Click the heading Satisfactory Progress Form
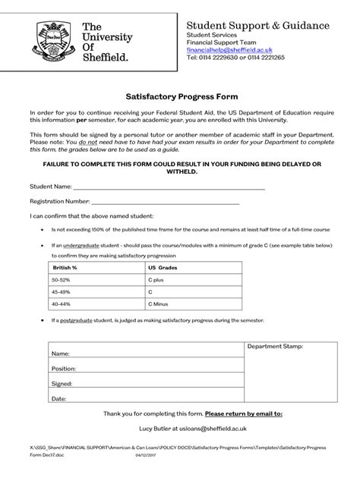[180, 97]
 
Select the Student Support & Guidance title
[258, 26]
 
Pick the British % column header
[65, 268]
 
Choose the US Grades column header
[162, 268]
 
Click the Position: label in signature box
[64, 369]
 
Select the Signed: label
[62, 384]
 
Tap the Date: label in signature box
[58, 398]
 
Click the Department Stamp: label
[276, 346]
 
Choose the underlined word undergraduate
[81, 246]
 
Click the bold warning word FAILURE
[71, 164]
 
